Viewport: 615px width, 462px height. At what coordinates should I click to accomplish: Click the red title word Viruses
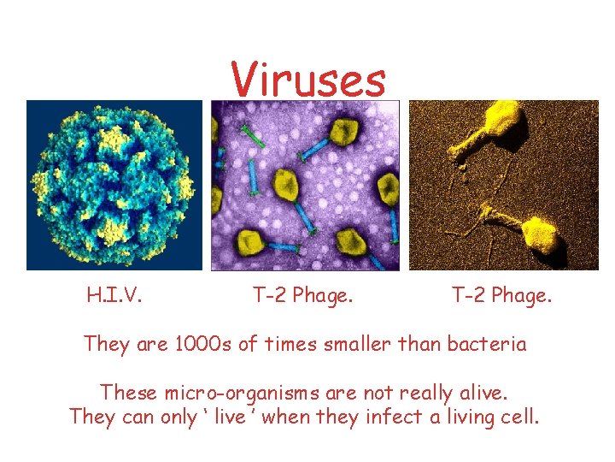[x=308, y=80]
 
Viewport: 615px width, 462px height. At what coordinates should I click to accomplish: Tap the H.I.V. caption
[x=114, y=297]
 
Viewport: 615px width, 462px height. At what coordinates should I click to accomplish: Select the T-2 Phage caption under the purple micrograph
[x=303, y=297]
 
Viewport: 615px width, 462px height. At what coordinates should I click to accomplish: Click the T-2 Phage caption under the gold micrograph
[x=501, y=297]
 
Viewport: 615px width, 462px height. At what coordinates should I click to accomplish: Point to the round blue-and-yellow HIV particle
[x=114, y=184]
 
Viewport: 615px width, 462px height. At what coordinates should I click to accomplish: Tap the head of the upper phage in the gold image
[x=505, y=118]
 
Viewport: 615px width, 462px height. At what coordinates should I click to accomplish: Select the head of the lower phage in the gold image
[x=540, y=232]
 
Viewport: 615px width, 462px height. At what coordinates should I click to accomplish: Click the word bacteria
[x=490, y=345]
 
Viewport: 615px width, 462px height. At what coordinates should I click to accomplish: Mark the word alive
[x=482, y=394]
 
